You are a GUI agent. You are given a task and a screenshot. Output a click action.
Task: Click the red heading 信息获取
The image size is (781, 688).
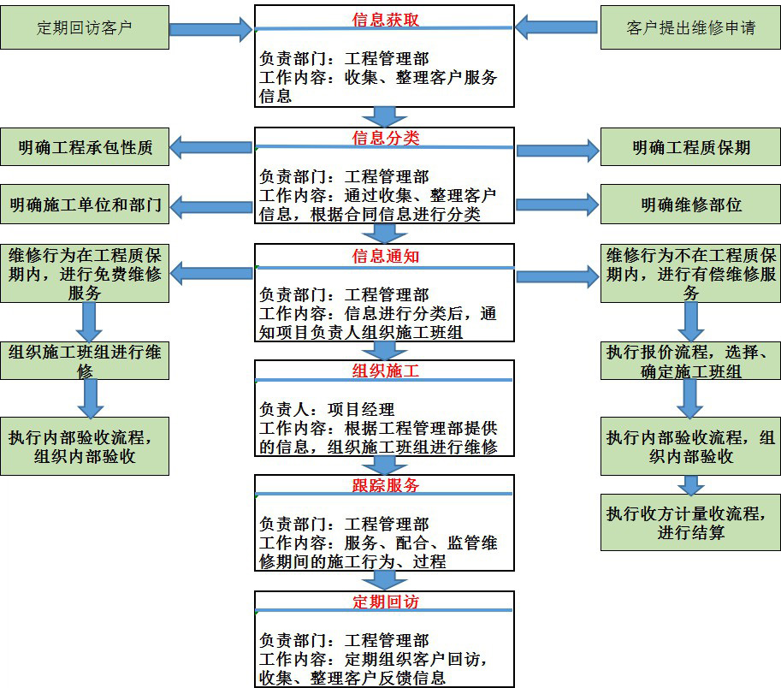click(x=386, y=19)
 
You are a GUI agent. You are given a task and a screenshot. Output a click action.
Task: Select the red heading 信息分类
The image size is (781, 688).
click(x=386, y=138)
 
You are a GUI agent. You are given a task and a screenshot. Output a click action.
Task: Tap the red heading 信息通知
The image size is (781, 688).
click(x=386, y=256)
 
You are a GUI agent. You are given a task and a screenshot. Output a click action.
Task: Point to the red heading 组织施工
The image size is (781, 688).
click(x=386, y=371)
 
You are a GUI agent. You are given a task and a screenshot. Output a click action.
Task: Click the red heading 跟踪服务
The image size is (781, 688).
click(x=386, y=485)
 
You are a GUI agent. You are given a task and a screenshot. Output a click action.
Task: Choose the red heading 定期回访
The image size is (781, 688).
click(x=386, y=602)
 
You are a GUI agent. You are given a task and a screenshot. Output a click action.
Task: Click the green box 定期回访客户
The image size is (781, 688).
click(x=85, y=28)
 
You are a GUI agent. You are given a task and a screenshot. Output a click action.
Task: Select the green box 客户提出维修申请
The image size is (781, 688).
click(x=690, y=28)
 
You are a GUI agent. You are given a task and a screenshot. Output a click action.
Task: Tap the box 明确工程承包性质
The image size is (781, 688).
click(x=85, y=147)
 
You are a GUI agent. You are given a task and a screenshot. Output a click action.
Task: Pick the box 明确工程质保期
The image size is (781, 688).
click(x=690, y=147)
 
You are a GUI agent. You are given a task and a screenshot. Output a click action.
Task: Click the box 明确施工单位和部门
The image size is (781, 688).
click(x=85, y=205)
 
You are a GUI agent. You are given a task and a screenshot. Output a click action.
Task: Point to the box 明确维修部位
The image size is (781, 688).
click(x=690, y=205)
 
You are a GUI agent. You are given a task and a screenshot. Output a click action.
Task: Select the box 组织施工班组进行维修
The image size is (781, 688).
click(x=85, y=360)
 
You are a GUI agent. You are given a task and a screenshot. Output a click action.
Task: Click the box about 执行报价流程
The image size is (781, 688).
click(x=690, y=360)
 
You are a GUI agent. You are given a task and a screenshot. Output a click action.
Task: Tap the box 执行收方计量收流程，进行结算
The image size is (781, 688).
click(x=690, y=522)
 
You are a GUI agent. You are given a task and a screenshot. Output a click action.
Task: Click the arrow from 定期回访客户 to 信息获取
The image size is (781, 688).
click(x=210, y=30)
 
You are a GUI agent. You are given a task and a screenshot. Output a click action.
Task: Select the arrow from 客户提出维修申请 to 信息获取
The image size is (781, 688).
click(x=556, y=28)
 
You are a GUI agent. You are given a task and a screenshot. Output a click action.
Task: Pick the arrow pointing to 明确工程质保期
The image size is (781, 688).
click(x=558, y=151)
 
